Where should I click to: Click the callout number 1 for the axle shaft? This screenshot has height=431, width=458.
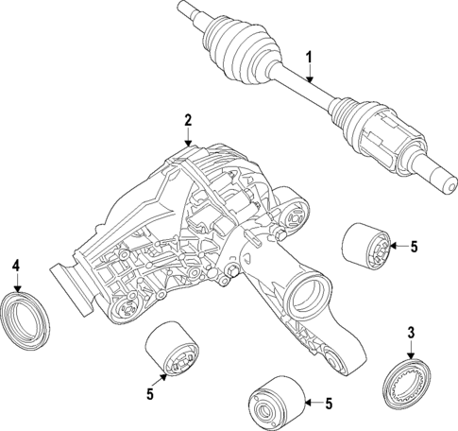coord(307,59)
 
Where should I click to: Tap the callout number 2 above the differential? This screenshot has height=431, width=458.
coord(188,120)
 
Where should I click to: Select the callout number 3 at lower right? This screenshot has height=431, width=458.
coord(411,332)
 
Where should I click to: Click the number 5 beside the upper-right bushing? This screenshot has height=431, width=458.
coord(413,247)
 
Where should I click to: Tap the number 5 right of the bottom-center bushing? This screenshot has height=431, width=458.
coord(328,405)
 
